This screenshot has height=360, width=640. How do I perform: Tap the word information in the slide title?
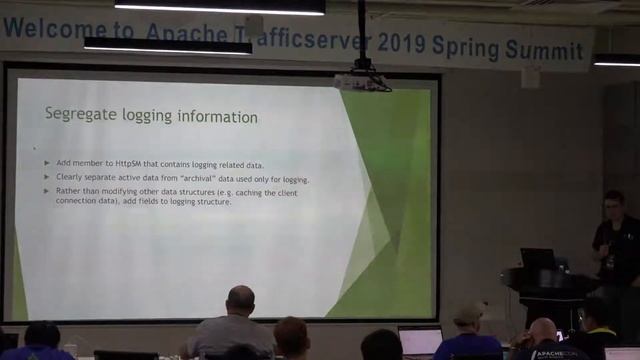[x=217, y=116]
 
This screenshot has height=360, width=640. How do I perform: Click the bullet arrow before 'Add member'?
[x=47, y=162]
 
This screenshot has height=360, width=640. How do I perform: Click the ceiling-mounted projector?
[x=362, y=80]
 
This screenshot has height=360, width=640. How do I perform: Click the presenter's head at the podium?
[x=613, y=203]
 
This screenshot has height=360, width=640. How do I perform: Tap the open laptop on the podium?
[x=536, y=258]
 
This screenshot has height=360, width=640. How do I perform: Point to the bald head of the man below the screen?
[x=240, y=299]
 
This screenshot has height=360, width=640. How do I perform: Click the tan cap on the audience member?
[x=468, y=313]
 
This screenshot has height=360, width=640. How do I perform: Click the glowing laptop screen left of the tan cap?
[x=419, y=339]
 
